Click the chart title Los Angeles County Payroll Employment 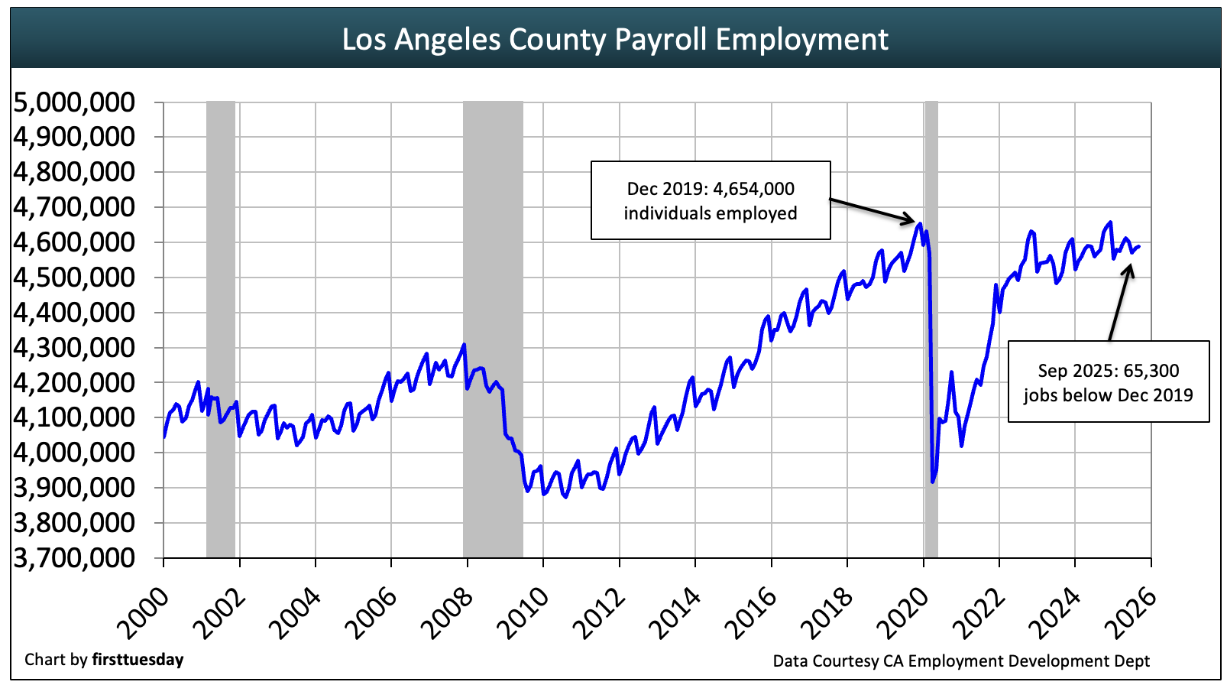point(614,39)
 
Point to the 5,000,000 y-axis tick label point(74,102)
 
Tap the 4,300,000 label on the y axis point(74,347)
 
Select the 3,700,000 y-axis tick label point(74,558)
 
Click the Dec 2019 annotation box point(710,200)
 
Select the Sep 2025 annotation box point(1108,381)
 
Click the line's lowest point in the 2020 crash point(932,482)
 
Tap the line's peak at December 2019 point(919,224)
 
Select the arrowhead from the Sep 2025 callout point(1130,268)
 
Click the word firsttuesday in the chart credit point(138,660)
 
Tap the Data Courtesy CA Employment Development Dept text point(961,661)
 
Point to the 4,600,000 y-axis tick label point(74,242)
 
